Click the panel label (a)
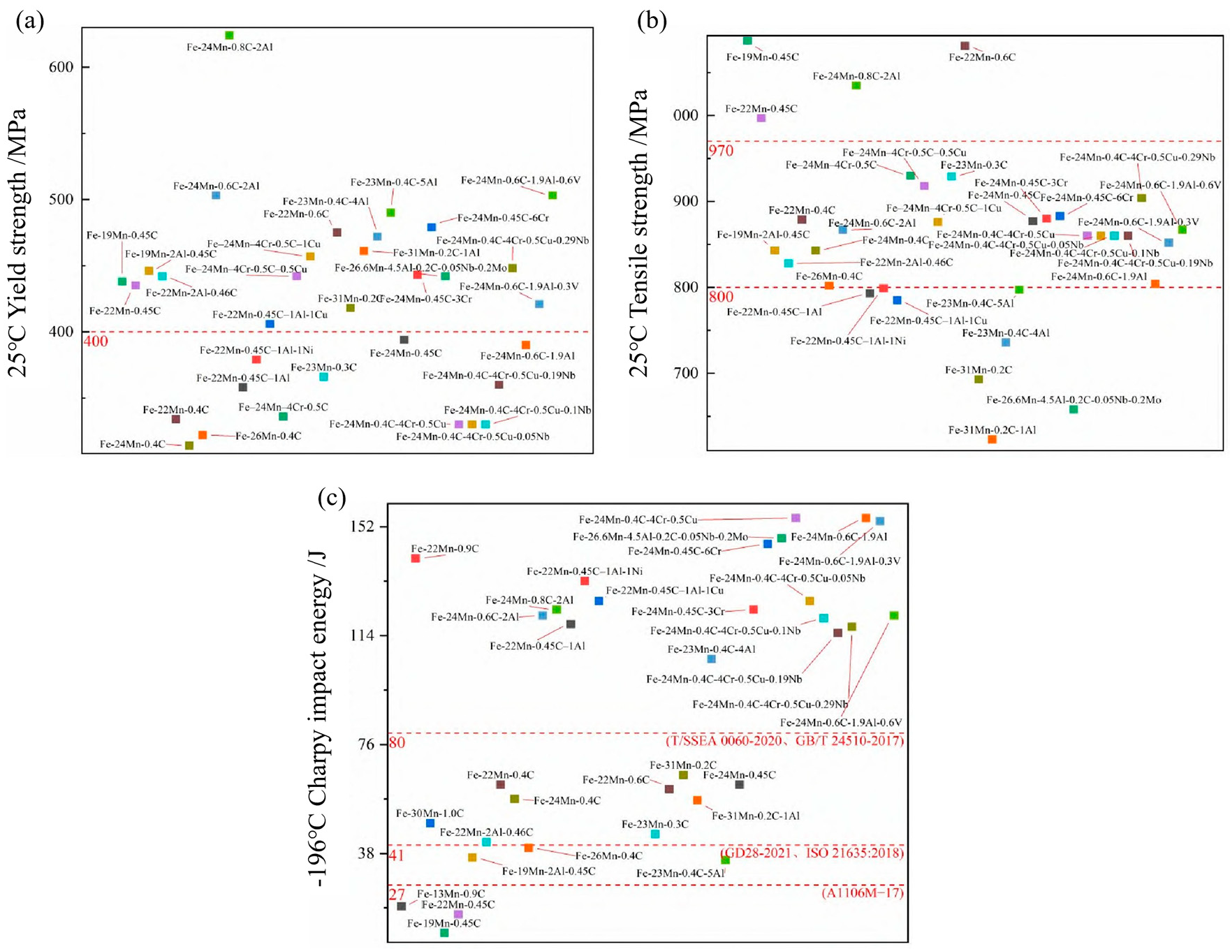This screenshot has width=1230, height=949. click(29, 21)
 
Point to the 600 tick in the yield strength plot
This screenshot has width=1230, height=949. click(61, 67)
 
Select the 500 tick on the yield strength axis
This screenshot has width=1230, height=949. click(61, 200)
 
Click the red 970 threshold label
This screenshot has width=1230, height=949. click(721, 151)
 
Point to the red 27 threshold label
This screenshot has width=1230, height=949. click(397, 895)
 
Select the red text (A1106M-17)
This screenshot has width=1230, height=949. click(863, 893)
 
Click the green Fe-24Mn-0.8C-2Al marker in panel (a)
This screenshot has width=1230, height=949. click(229, 35)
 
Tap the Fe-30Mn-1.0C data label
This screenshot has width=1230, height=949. click(430, 814)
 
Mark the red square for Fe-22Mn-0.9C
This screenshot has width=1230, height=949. click(416, 558)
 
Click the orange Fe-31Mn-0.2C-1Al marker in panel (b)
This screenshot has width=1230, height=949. click(992, 439)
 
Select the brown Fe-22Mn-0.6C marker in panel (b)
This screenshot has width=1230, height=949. click(965, 46)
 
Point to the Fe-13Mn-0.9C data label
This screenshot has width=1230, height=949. click(451, 894)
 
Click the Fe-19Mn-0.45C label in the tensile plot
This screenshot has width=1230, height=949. click(762, 57)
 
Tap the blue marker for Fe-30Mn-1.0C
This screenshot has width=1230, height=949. click(430, 823)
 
